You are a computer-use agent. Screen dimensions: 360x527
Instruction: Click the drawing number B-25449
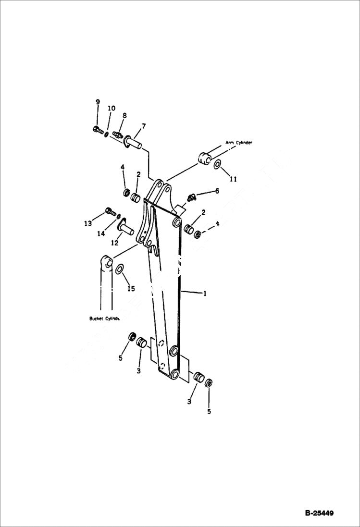(319, 513)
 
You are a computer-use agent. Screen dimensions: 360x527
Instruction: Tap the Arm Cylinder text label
(239, 143)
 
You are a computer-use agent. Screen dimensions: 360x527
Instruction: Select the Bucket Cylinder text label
(104, 319)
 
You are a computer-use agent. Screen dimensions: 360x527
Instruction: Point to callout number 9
(98, 102)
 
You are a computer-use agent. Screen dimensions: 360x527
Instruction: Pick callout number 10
(111, 109)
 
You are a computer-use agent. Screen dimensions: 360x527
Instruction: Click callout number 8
(124, 115)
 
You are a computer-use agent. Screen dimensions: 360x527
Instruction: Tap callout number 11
(233, 179)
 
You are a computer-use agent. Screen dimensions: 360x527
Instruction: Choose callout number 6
(217, 191)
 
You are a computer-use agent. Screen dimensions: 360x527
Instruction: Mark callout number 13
(87, 223)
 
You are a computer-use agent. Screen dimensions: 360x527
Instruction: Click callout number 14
(100, 233)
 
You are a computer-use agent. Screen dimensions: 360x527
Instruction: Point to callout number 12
(114, 243)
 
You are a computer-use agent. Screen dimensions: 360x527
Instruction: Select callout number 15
(131, 288)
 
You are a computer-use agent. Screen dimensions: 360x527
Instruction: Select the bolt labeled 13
(109, 210)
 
